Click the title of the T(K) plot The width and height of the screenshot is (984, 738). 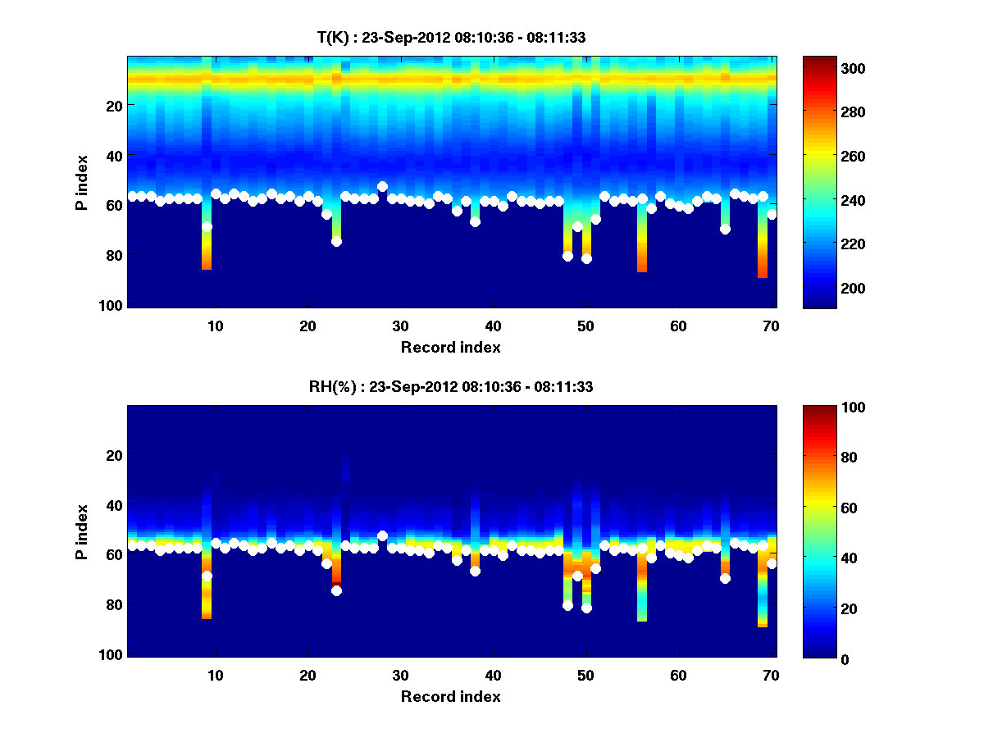click(x=451, y=37)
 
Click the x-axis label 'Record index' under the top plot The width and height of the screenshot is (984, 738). click(x=451, y=347)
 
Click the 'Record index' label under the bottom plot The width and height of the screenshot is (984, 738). click(x=451, y=696)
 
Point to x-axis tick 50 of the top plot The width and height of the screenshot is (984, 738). click(x=585, y=326)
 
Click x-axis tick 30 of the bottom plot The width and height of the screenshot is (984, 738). click(x=400, y=675)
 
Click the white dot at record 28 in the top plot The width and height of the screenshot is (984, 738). click(x=382, y=187)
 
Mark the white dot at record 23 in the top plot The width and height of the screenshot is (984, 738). click(x=336, y=241)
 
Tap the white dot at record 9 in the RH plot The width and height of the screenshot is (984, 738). click(x=207, y=576)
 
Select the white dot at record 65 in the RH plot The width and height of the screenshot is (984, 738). click(x=725, y=578)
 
